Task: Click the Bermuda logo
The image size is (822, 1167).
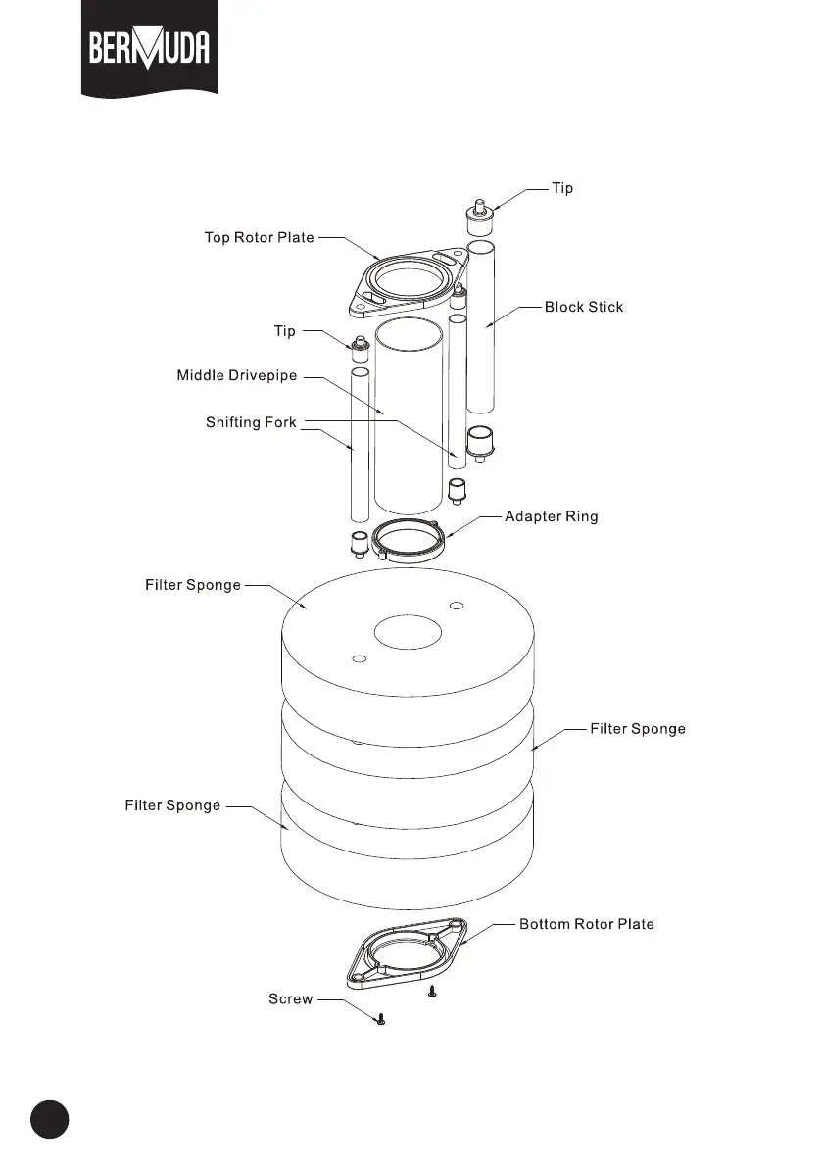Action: (x=149, y=49)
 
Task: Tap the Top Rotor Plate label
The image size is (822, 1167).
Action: (x=259, y=237)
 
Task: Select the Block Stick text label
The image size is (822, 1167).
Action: (x=584, y=307)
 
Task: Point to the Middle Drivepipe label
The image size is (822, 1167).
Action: (x=236, y=375)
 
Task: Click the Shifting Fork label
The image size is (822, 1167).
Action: (x=251, y=423)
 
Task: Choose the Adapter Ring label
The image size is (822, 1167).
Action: (x=551, y=516)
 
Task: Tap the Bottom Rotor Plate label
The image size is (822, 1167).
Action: (x=586, y=924)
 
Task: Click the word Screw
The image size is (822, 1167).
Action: (x=291, y=999)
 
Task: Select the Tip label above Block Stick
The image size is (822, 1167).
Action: (x=562, y=188)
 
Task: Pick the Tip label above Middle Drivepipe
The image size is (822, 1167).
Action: (x=284, y=331)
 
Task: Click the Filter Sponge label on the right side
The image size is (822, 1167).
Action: (x=638, y=729)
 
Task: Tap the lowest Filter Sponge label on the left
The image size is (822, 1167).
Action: (x=172, y=805)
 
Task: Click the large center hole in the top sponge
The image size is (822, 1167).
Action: (x=408, y=632)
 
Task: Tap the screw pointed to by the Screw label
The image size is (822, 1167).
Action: (x=381, y=1020)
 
